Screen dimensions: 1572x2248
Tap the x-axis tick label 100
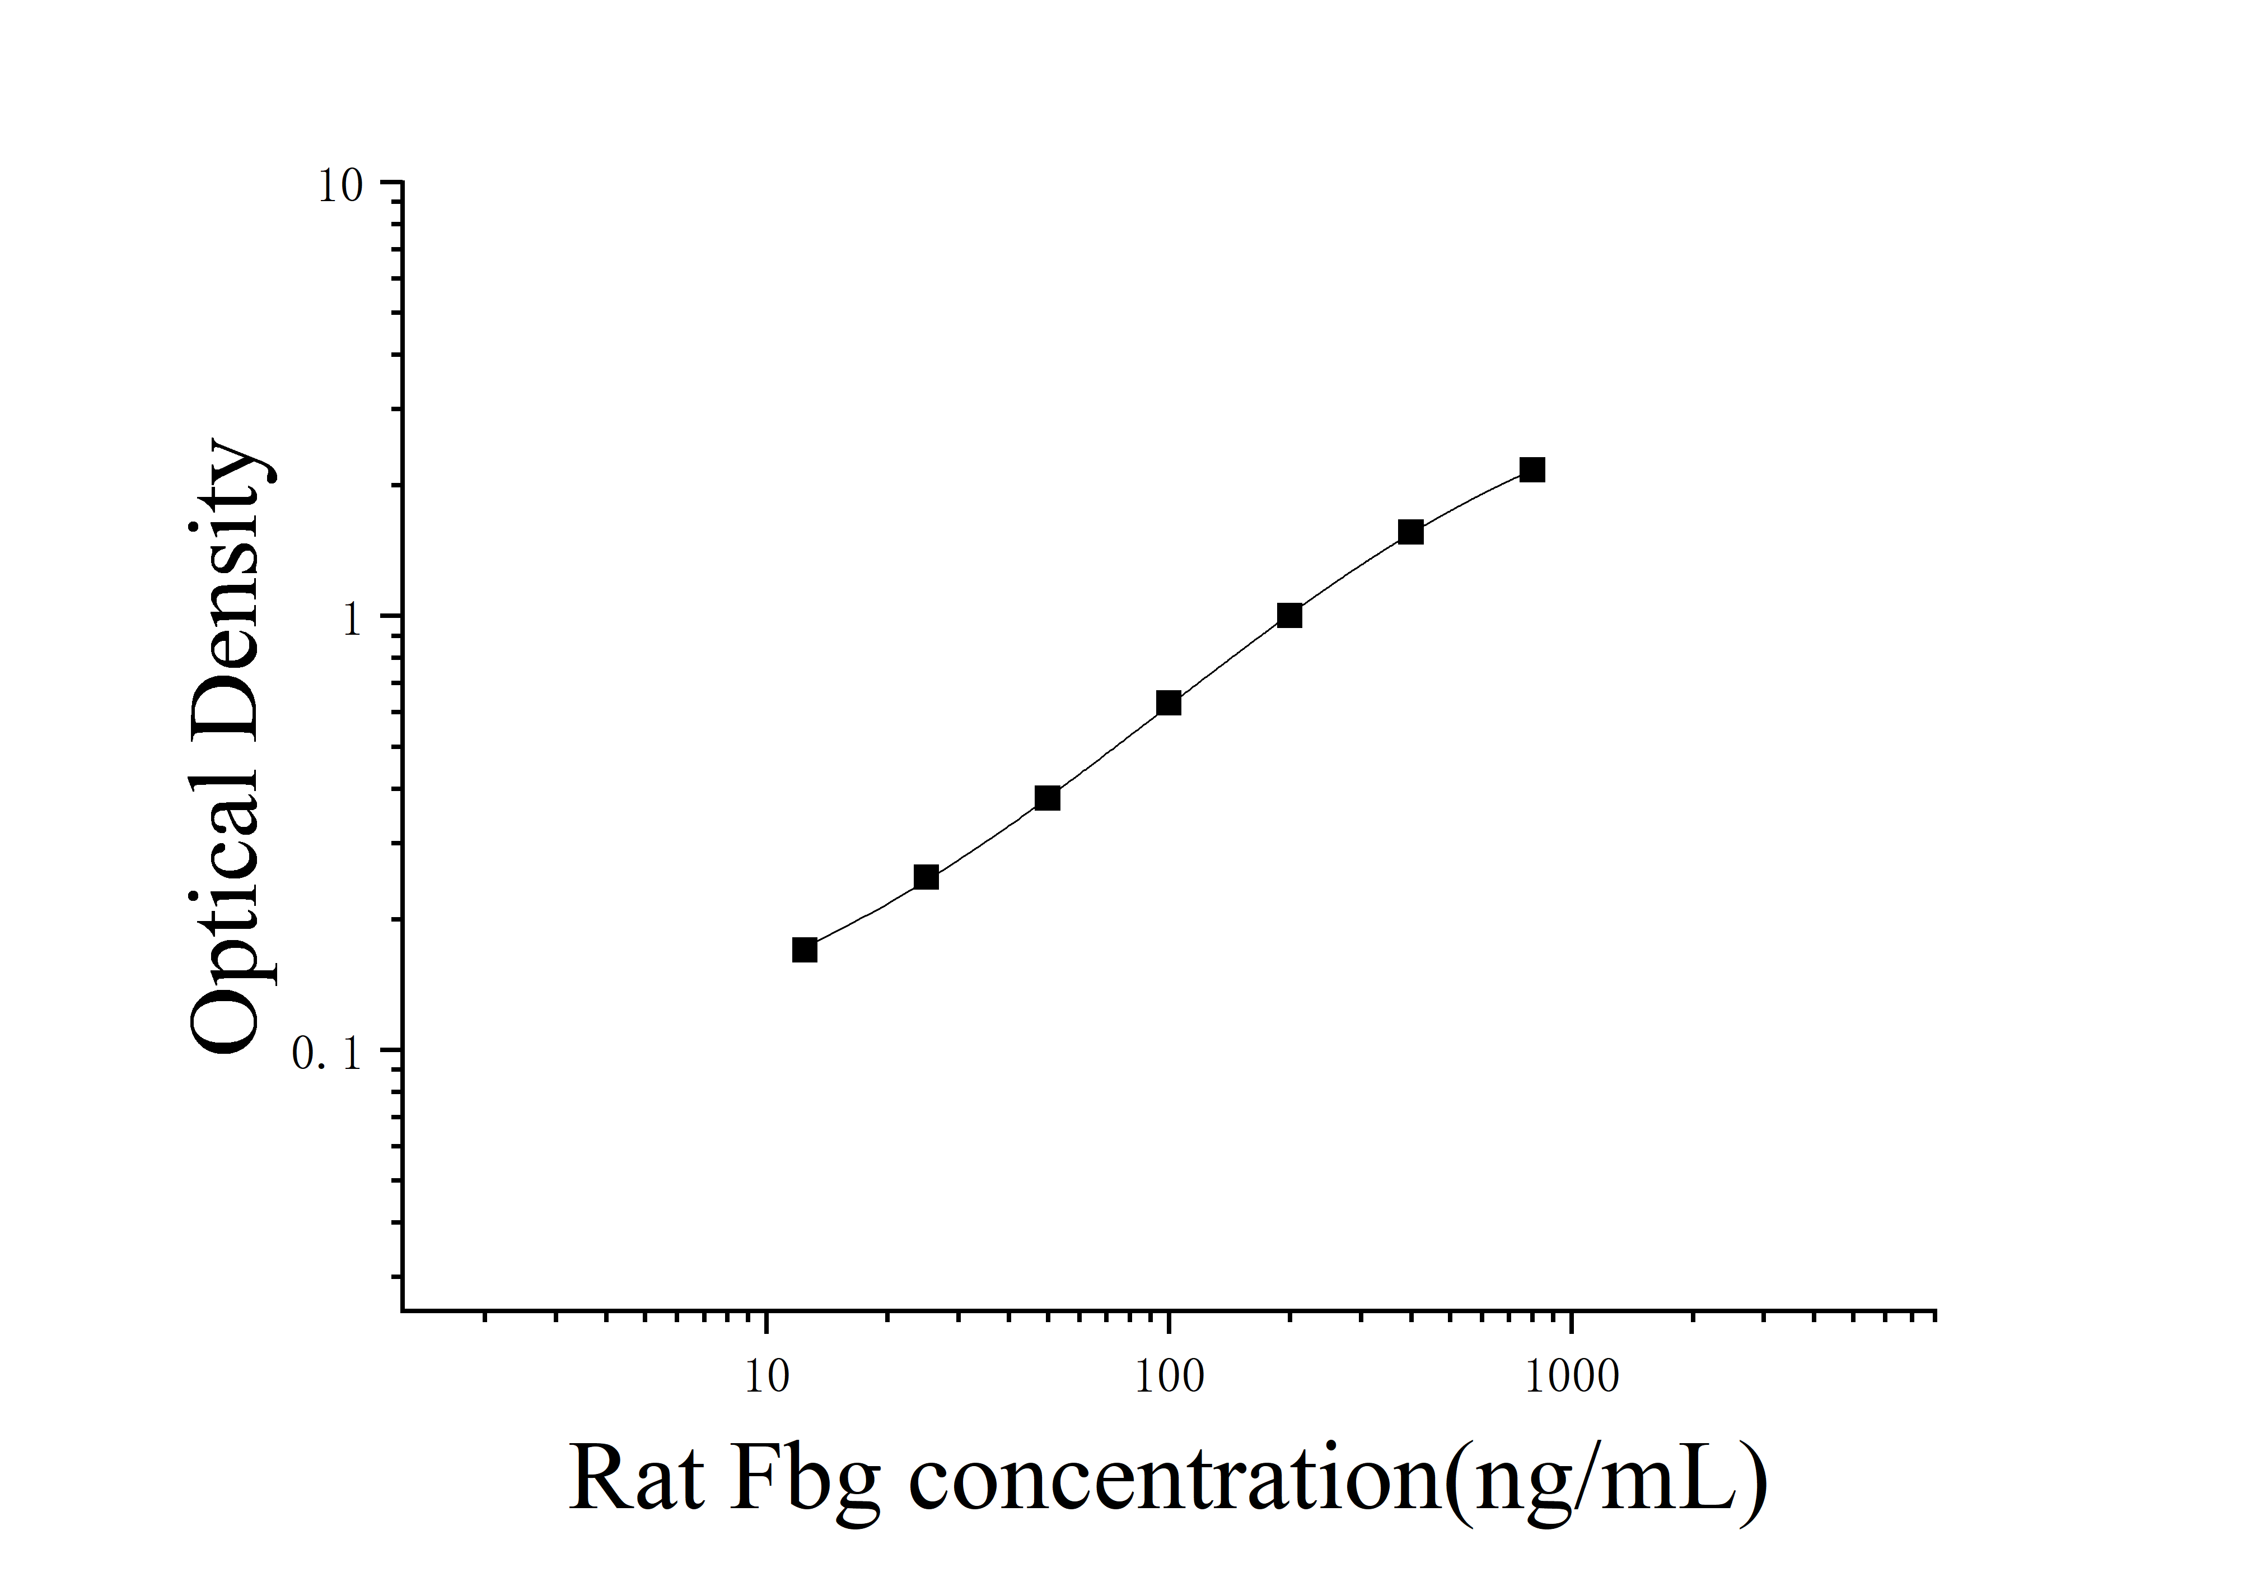[1168, 1376]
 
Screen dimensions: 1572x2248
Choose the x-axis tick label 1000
[1572, 1376]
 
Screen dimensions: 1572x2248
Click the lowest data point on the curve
[805, 949]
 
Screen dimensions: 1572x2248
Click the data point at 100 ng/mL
[1168, 703]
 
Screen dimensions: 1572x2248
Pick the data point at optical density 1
[1289, 615]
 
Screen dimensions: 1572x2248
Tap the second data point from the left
[926, 877]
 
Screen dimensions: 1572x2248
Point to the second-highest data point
[1410, 532]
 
